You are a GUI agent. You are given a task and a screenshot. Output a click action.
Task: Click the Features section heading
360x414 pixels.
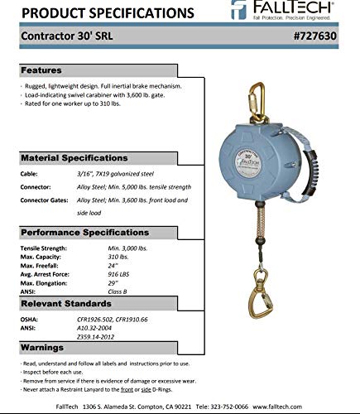[42, 70]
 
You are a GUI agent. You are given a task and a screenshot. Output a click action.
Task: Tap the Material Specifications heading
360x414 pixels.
[74, 157]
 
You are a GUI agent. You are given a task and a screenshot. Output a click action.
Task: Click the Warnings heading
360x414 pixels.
[44, 346]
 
